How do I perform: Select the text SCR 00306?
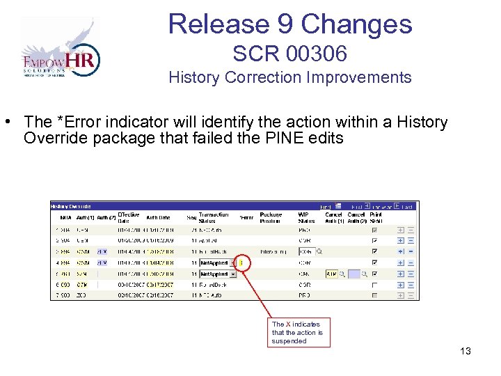coord(289,53)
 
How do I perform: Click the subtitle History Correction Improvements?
coord(289,77)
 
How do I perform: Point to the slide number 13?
coord(465,351)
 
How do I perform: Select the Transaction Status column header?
coord(213,217)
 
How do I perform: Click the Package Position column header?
coord(270,217)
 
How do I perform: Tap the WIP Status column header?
coord(307,217)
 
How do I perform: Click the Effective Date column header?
coord(127,217)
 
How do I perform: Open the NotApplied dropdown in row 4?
coord(218,263)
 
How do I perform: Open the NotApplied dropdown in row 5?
coord(218,274)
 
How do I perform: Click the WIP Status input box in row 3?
coord(306,251)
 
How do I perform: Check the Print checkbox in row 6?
coord(376,285)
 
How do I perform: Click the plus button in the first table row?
coord(401,229)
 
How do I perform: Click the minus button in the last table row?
coord(411,296)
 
